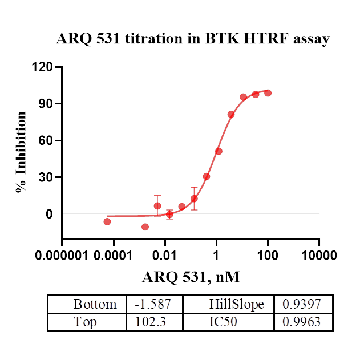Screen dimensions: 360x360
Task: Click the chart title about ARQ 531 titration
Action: point(193,39)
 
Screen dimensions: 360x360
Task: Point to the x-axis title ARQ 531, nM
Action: point(191,277)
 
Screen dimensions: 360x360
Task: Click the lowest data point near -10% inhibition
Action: point(145,227)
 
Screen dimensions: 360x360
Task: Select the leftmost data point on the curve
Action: point(107,221)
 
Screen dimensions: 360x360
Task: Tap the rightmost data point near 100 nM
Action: point(268,93)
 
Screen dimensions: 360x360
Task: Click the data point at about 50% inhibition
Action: point(219,151)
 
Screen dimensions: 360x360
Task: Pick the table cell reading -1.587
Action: point(152,304)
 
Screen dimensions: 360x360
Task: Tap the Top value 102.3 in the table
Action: point(150,322)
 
